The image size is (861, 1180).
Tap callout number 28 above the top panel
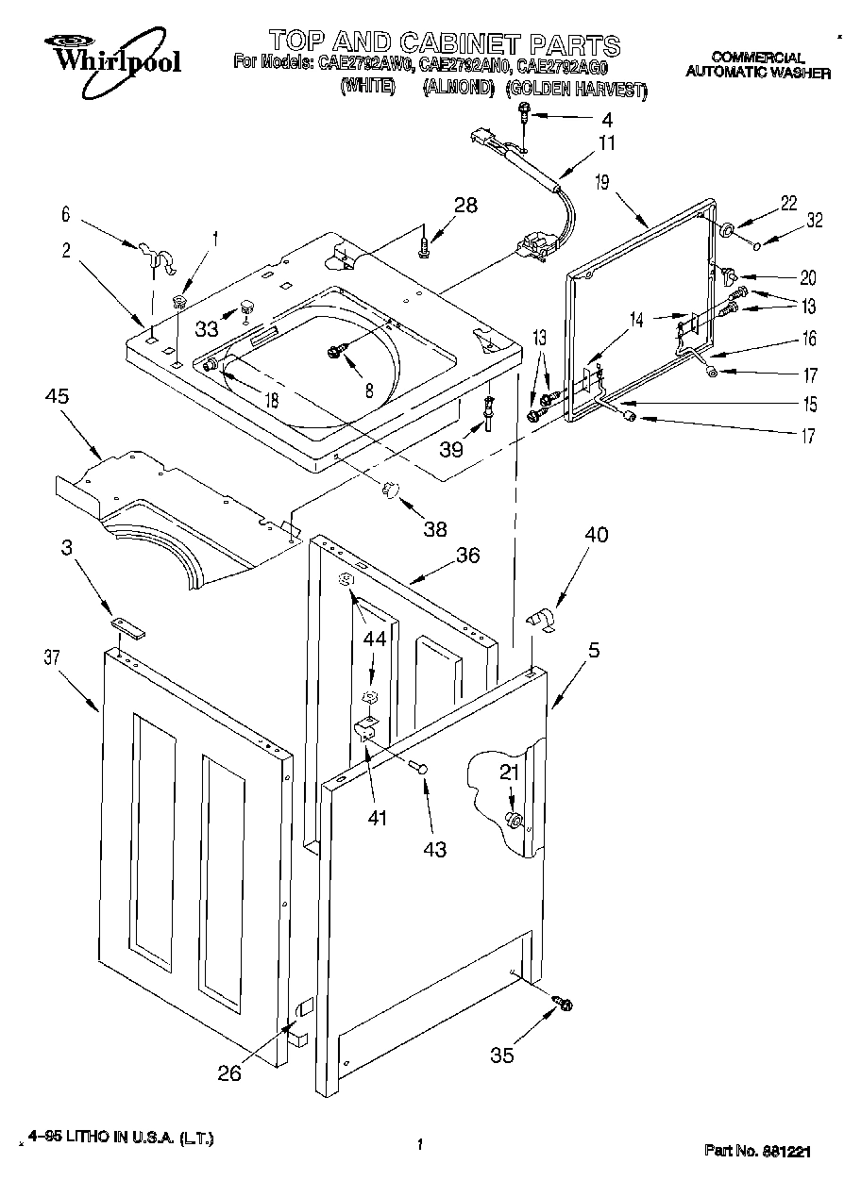click(x=465, y=205)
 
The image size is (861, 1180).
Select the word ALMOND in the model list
click(x=459, y=87)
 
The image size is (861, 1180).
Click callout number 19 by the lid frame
click(x=602, y=182)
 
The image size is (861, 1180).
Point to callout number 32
click(x=815, y=221)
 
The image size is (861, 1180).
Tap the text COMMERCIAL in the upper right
click(x=757, y=58)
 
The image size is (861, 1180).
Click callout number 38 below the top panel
click(x=435, y=528)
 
